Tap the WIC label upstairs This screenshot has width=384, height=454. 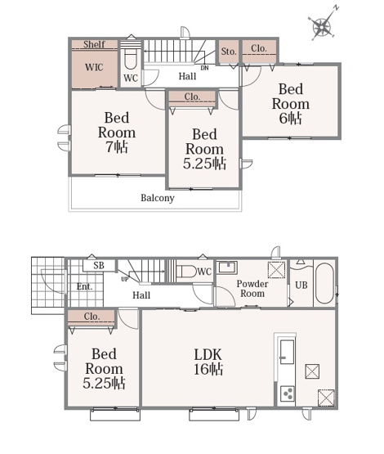pyautogui.click(x=94, y=67)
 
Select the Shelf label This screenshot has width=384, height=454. pyautogui.click(x=94, y=44)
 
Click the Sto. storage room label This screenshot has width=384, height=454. pyautogui.click(x=229, y=52)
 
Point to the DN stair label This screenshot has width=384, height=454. pyautogui.click(x=204, y=68)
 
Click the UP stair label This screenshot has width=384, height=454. pyautogui.click(x=125, y=280)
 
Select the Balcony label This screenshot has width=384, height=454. pyautogui.click(x=158, y=198)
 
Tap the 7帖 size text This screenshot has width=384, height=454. pyautogui.click(x=117, y=146)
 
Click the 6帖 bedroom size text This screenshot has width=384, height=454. pyautogui.click(x=291, y=118)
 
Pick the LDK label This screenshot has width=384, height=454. pyautogui.click(x=208, y=355)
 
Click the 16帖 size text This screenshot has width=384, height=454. pyautogui.click(x=208, y=370)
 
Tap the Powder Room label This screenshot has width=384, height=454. pyautogui.click(x=252, y=289)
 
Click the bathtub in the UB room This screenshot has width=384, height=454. pyautogui.click(x=324, y=283)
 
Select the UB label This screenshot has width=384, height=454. pyautogui.click(x=301, y=285)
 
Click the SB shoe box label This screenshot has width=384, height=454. pyautogui.click(x=99, y=266)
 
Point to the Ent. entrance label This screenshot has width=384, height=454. pyautogui.click(x=84, y=286)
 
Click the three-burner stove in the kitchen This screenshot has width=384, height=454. pyautogui.click(x=288, y=394)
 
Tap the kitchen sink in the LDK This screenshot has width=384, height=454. pyautogui.click(x=287, y=352)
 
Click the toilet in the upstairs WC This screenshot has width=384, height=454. pyautogui.click(x=131, y=60)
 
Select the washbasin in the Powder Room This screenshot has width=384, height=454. pyautogui.click(x=228, y=267)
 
